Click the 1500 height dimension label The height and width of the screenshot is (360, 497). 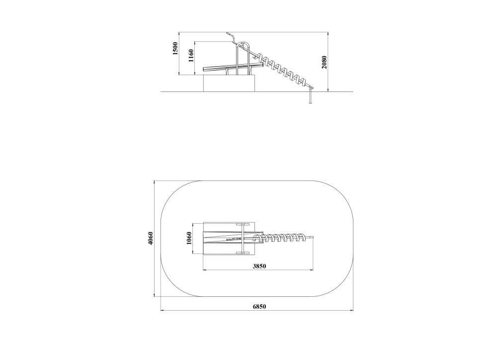(x=175, y=49)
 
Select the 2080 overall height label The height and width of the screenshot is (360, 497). (x=324, y=63)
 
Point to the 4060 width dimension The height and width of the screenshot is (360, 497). (x=151, y=238)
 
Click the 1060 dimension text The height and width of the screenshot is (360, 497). (x=189, y=238)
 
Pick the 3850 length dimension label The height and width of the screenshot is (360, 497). (x=259, y=267)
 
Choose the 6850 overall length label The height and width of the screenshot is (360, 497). (x=259, y=306)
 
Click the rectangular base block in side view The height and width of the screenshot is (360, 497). (x=229, y=84)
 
